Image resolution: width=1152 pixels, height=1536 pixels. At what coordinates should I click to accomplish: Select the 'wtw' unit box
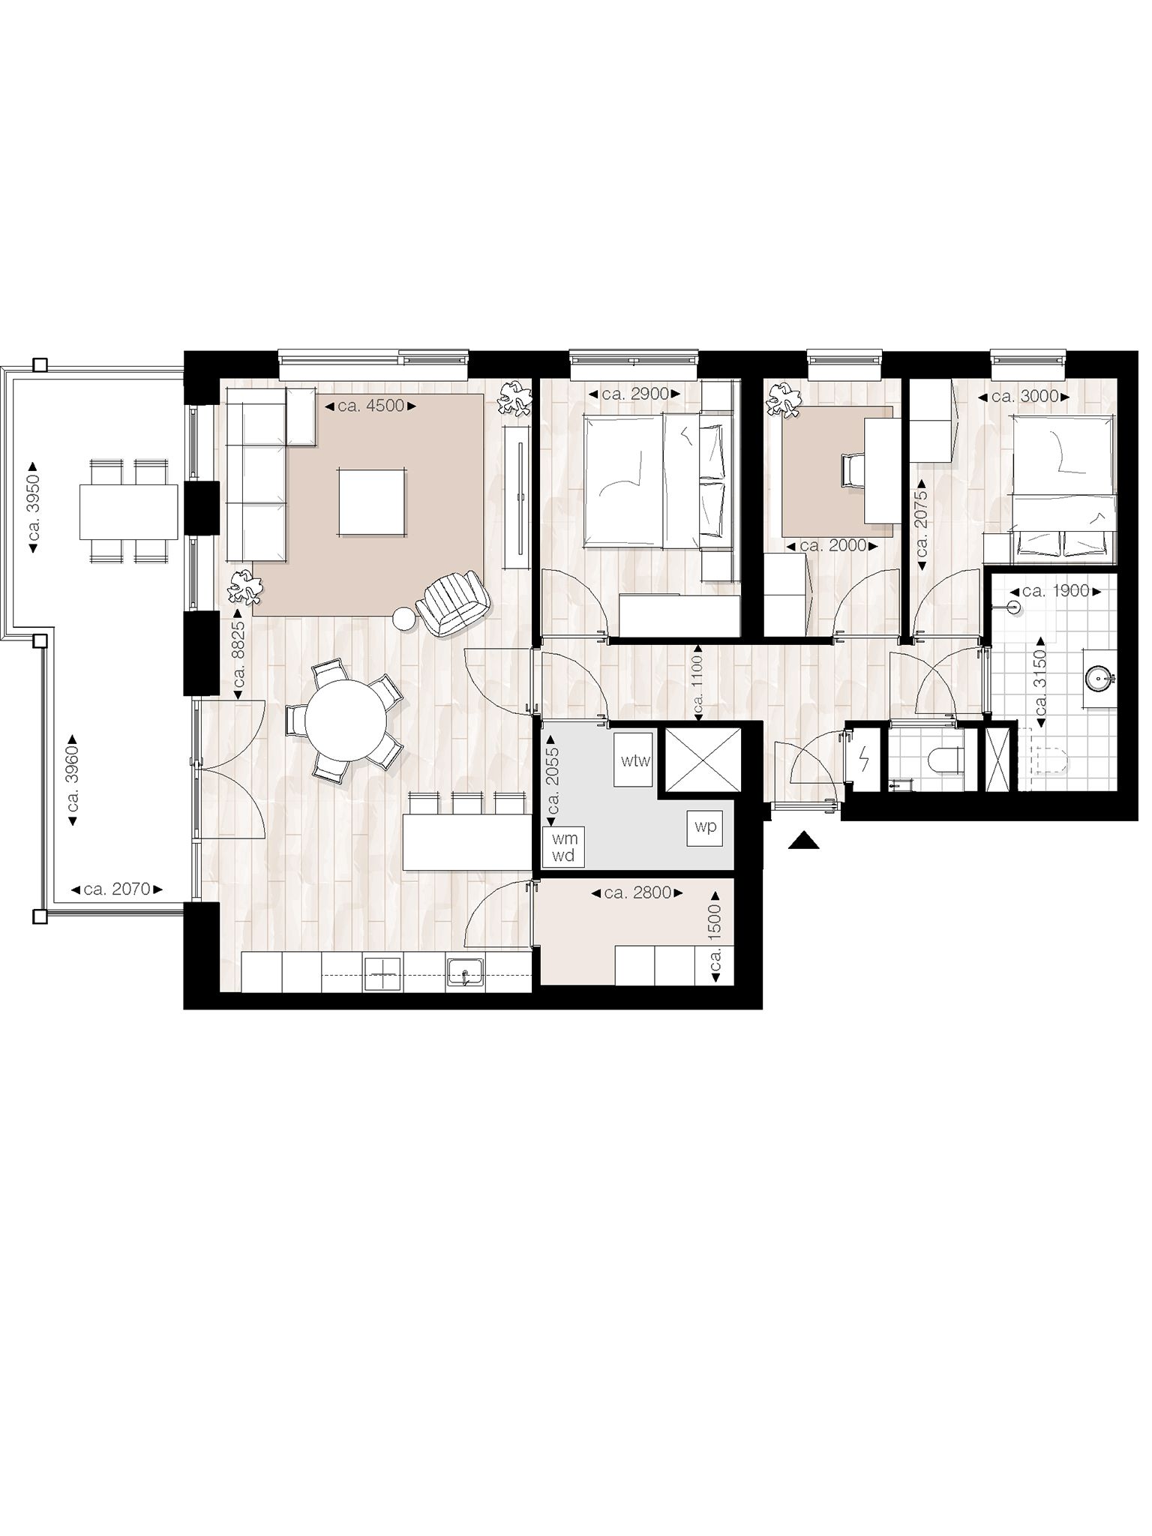point(634,760)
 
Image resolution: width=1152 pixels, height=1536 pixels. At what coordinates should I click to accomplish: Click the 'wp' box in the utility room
point(706,827)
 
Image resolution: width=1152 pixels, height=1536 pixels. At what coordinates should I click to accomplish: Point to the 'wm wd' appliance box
point(563,847)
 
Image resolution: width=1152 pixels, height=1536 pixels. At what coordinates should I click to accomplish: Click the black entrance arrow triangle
point(805,841)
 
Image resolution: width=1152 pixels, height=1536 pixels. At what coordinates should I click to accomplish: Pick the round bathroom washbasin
point(1100,679)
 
